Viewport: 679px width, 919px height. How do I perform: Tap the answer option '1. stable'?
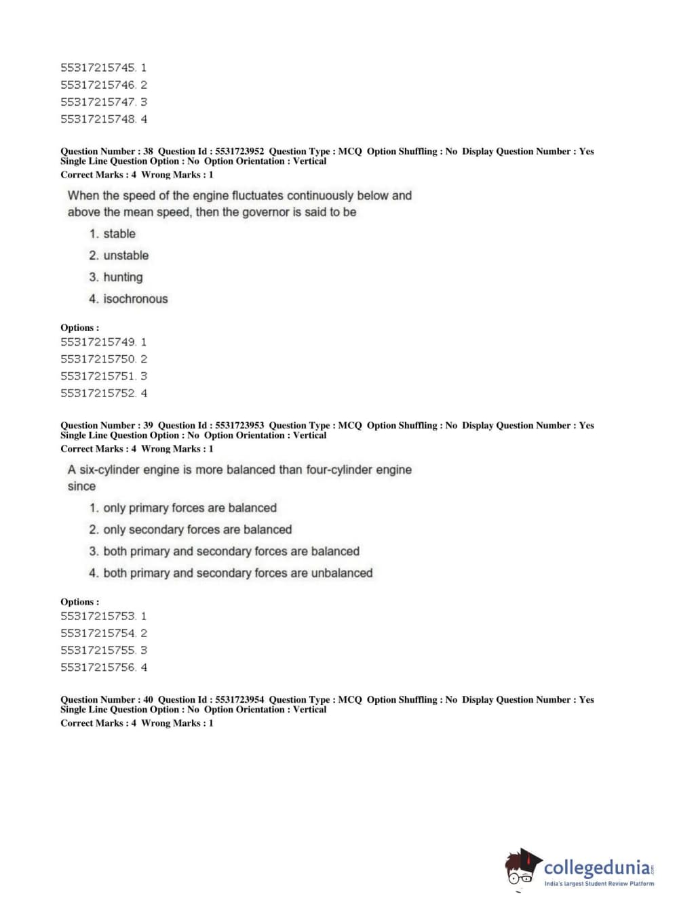coord(113,234)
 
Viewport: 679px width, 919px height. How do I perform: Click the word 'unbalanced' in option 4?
coord(342,573)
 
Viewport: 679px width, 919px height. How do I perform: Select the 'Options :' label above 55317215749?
coord(79,327)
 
